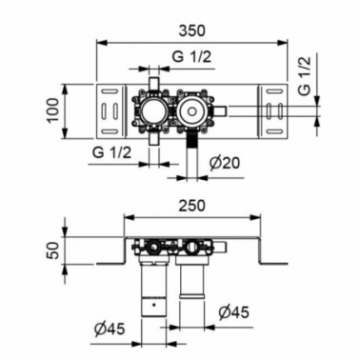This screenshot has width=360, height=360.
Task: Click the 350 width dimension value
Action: click(191, 30)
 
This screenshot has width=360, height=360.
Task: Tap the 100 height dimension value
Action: click(53, 110)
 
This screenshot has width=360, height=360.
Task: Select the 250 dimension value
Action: click(191, 206)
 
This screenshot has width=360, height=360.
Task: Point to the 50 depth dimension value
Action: click(55, 250)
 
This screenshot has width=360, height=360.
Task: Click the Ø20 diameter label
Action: click(225, 163)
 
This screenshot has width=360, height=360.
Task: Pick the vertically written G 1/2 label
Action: click(305, 76)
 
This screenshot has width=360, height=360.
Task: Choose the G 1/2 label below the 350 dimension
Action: click(191, 57)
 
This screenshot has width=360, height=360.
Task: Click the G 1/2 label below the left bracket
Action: click(111, 152)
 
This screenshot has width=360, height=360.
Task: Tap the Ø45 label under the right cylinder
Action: click(233, 312)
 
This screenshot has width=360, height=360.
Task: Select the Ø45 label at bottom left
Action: click(110, 330)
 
